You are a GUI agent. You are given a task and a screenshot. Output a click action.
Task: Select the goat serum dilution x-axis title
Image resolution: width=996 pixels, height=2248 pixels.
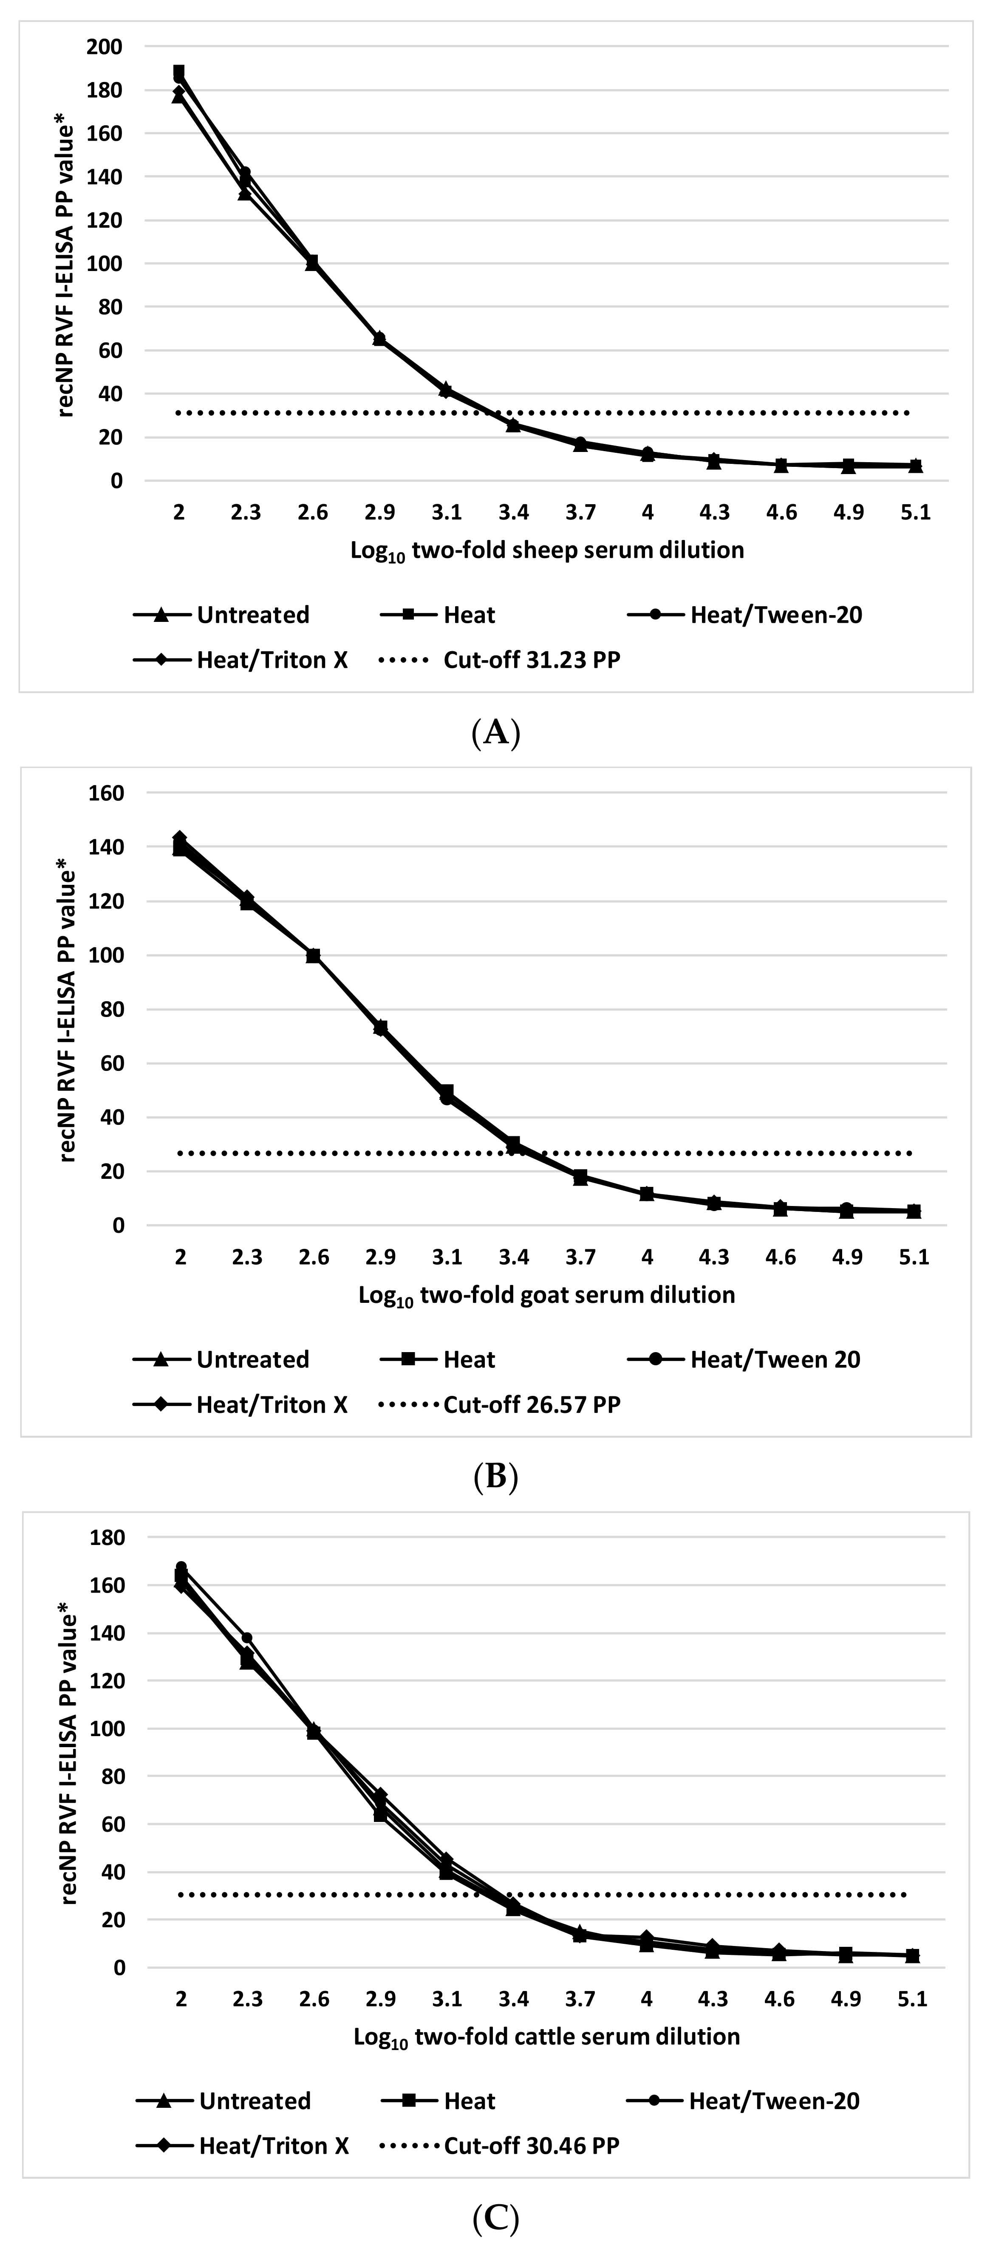pyautogui.click(x=547, y=1295)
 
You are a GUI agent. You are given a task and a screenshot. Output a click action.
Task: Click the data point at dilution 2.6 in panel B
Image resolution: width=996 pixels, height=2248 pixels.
pyautogui.click(x=314, y=956)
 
